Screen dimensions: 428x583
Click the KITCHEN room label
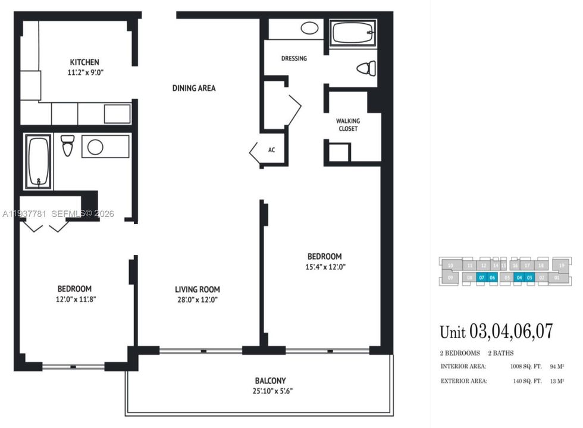click(84, 62)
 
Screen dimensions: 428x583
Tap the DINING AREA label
click(194, 88)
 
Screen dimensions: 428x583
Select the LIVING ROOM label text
click(196, 289)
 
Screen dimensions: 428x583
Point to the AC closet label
click(271, 150)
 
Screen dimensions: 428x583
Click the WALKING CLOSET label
click(349, 124)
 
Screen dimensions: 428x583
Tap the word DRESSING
click(294, 58)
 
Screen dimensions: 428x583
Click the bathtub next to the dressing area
click(353, 32)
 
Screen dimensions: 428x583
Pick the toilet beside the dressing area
click(366, 68)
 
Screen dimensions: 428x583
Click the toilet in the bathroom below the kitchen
click(68, 145)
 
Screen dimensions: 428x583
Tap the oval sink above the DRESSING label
click(309, 28)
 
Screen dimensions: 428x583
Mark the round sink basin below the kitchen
click(95, 147)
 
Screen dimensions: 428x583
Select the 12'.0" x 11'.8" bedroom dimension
click(74, 299)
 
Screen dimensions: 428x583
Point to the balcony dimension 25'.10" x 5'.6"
click(271, 391)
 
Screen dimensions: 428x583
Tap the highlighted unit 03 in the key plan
click(529, 277)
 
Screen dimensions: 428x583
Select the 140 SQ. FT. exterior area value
click(527, 381)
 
